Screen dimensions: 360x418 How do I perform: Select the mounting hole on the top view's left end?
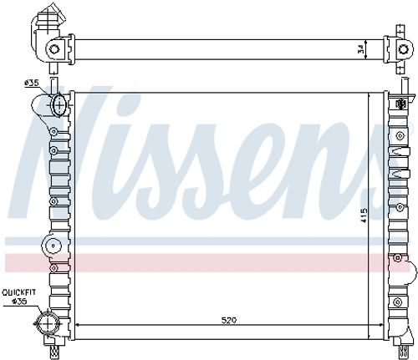(x=55, y=49)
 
